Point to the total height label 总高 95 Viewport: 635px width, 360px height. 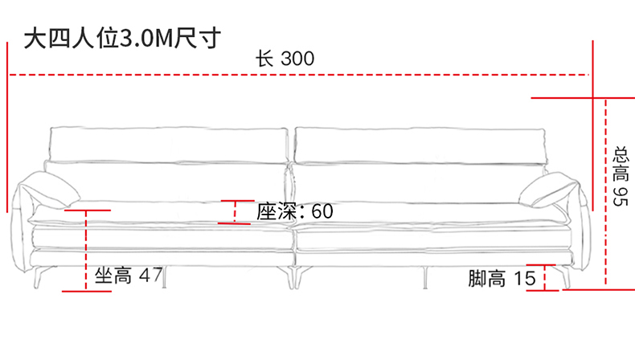(x=619, y=175)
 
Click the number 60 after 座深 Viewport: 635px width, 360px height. (x=322, y=211)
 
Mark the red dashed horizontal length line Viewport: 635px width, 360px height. (x=161, y=75)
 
